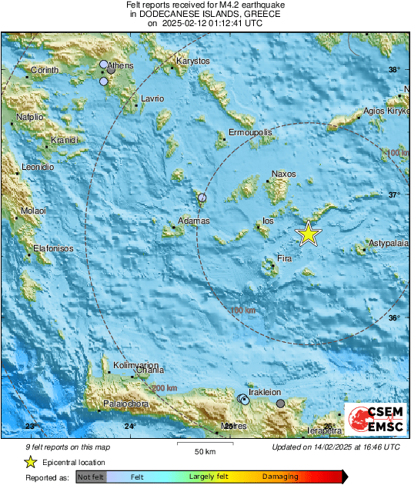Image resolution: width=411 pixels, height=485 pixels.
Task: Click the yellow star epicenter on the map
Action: click(x=308, y=233)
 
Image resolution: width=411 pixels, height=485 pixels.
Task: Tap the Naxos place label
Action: click(x=283, y=174)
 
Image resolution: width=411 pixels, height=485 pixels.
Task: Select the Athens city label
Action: click(x=120, y=65)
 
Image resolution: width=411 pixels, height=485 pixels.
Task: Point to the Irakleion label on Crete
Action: click(x=266, y=392)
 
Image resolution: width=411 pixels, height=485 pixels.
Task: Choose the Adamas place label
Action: click(x=193, y=221)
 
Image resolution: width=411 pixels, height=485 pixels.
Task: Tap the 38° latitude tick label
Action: click(x=394, y=70)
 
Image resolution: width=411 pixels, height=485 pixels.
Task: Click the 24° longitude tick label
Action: click(x=129, y=425)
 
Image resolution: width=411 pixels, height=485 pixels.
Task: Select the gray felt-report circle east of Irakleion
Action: click(x=280, y=403)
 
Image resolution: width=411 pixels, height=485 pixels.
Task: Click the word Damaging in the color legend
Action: click(x=280, y=477)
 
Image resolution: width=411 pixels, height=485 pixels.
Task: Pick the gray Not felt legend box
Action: click(x=91, y=477)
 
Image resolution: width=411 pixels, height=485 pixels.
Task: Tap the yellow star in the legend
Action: click(x=30, y=462)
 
